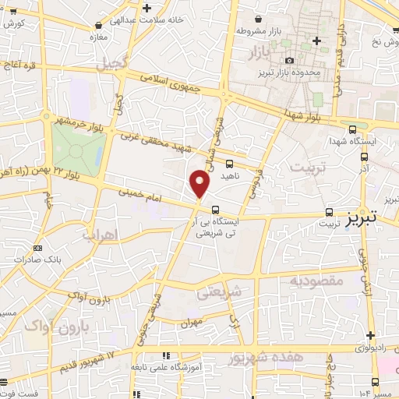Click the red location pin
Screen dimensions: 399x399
coord(200,183)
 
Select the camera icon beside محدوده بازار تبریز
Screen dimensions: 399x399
coord(290,61)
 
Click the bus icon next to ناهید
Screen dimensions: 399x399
coord(229,164)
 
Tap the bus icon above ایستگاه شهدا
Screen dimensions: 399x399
coord(353,130)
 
